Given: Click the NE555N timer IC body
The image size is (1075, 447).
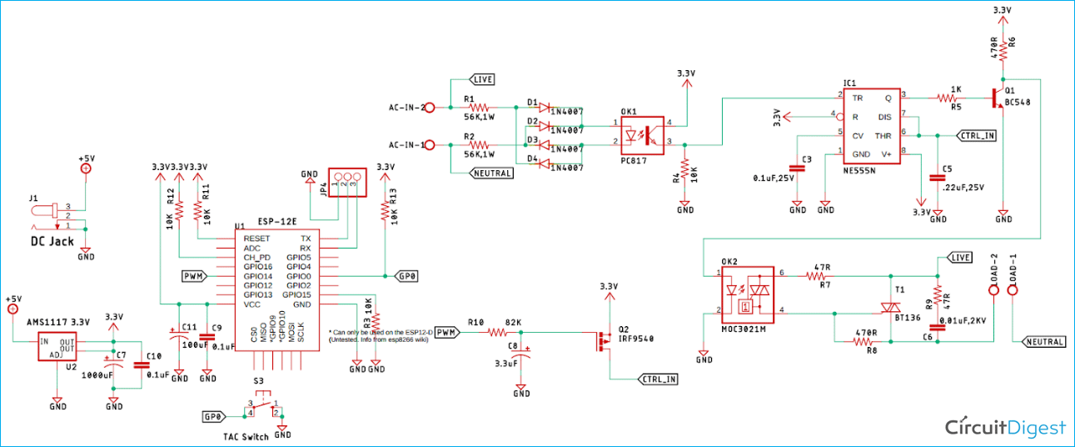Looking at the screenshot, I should point(872,126).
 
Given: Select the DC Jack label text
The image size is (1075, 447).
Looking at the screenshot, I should point(52,241).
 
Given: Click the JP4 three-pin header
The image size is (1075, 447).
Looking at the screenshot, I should point(346,182).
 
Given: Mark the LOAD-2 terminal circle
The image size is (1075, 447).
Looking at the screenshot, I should point(993,290).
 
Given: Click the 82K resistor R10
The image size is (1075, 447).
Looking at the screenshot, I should point(497,331).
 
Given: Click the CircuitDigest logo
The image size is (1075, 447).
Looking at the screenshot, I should point(1005,427).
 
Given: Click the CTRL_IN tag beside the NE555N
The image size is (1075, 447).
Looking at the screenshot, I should point(977,135).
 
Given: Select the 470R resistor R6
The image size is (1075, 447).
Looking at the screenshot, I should point(1003,49).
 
